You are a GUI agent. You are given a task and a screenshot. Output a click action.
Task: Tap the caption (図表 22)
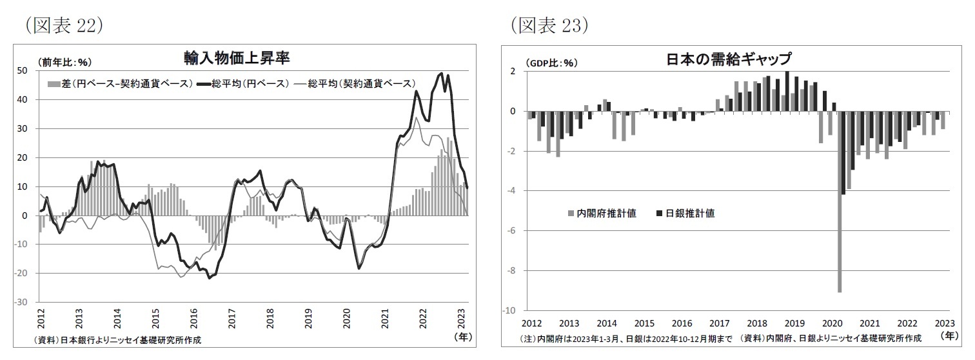pyautogui.click(x=62, y=25)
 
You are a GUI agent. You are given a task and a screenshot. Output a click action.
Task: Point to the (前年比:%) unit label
pyautogui.click(x=66, y=62)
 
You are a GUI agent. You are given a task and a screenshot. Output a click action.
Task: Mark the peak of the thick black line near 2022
pyautogui.click(x=441, y=74)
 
